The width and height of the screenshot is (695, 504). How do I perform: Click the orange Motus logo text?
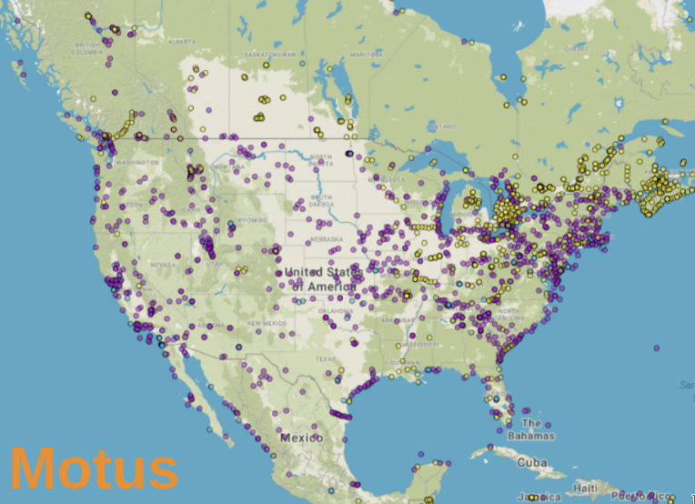click(x=95, y=469)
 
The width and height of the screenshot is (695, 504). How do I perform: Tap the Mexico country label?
click(x=301, y=438)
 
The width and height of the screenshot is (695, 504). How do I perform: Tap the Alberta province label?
click(x=181, y=42)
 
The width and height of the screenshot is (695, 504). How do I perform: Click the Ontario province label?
click(x=444, y=126)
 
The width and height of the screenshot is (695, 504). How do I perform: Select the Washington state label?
click(x=137, y=162)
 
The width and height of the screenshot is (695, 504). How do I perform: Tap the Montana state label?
click(x=229, y=166)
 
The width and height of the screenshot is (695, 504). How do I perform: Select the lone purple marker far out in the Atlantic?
click(x=656, y=348)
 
